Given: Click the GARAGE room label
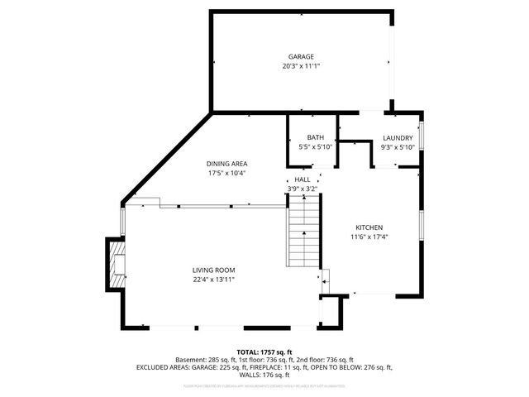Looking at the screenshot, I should pyautogui.click(x=301, y=56).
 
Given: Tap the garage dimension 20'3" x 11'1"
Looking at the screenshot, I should pyautogui.click(x=301, y=65).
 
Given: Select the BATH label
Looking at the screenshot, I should pyautogui.click(x=315, y=138).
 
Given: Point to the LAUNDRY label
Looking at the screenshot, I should pyautogui.click(x=398, y=138).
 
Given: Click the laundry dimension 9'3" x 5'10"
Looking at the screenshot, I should pyautogui.click(x=398, y=147).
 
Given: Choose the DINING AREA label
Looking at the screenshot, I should pyautogui.click(x=226, y=164).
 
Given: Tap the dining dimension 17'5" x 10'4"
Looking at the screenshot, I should pyautogui.click(x=226, y=174).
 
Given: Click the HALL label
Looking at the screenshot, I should pyautogui.click(x=302, y=179).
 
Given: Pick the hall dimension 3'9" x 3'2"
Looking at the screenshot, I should pyautogui.click(x=302, y=189).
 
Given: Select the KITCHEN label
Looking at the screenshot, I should pyautogui.click(x=369, y=227).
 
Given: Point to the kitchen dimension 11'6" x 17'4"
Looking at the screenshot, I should pyautogui.click(x=369, y=237).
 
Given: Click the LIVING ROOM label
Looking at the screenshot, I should pyautogui.click(x=214, y=270).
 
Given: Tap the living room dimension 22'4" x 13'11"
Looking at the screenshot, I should pyautogui.click(x=214, y=280).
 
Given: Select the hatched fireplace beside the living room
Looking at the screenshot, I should pyautogui.click(x=119, y=263).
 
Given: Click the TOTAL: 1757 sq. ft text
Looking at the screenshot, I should pyautogui.click(x=264, y=352).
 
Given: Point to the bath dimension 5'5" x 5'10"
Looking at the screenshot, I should pyautogui.click(x=315, y=147).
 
